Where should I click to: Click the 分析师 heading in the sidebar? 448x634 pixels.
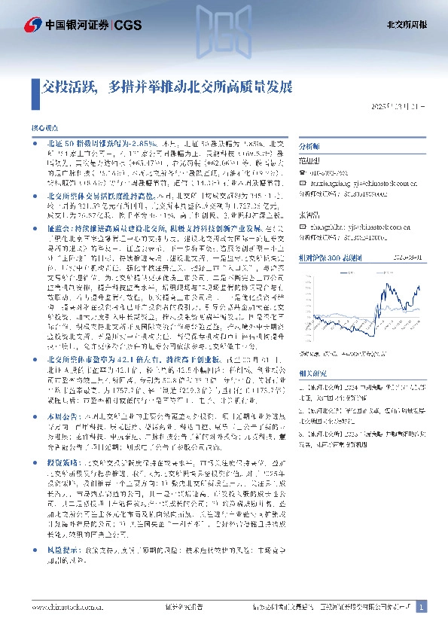pos(310,147)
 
